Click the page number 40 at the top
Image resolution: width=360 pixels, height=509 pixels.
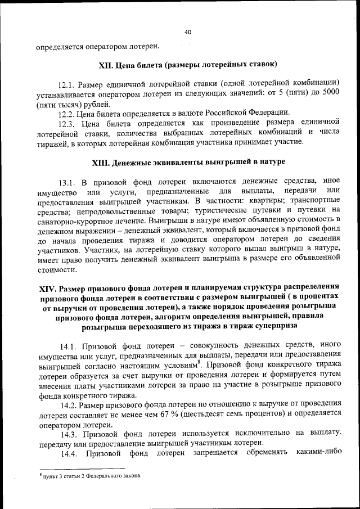188,32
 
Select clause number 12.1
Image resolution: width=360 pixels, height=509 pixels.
69,84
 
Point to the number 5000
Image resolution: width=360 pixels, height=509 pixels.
329,94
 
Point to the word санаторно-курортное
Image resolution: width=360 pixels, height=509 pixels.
74,220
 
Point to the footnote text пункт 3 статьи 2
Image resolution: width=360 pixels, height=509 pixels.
73,476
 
